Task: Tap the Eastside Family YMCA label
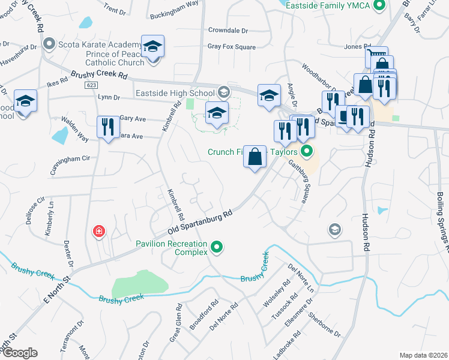coord(325,5)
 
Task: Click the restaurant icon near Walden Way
coord(108,127)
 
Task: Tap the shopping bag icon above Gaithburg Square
coord(255,157)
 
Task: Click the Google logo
coord(19,353)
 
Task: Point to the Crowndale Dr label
coord(228,30)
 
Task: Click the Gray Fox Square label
coord(231,47)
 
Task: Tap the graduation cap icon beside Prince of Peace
coord(152,47)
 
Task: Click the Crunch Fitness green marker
coord(307,151)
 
